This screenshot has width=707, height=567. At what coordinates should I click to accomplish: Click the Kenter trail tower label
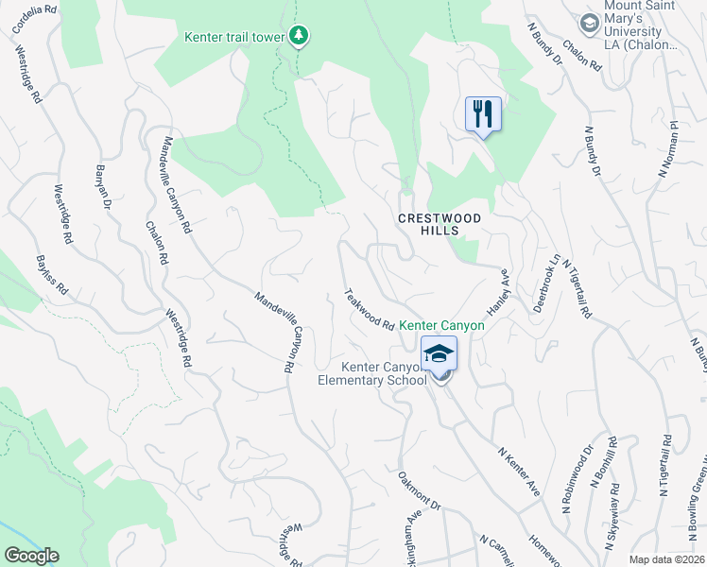point(234,37)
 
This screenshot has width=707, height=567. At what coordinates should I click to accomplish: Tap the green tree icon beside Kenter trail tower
point(300,36)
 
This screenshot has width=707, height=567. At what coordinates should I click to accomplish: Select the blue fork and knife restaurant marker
point(483,114)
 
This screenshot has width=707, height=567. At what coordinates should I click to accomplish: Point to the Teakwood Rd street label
point(370,309)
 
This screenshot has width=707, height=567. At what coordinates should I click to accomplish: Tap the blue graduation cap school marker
point(439,354)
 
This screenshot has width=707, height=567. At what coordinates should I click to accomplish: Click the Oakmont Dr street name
point(420,491)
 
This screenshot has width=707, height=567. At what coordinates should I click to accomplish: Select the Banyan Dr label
point(103,187)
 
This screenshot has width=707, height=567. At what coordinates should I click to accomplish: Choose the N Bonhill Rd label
point(604,463)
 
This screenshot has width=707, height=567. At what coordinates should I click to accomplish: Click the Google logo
point(31,556)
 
